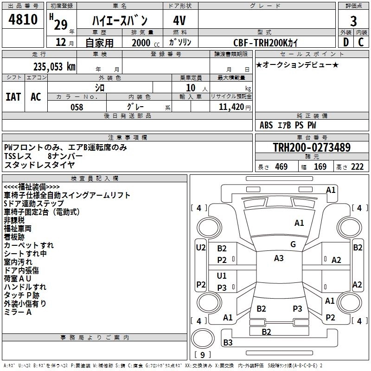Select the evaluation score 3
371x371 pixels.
(353, 21)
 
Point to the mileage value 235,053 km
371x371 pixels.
(54, 67)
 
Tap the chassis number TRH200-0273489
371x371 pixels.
(311, 147)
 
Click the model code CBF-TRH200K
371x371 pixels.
(266, 43)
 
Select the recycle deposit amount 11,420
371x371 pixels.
(231, 107)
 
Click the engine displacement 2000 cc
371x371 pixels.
(141, 43)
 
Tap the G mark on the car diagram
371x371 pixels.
(293, 244)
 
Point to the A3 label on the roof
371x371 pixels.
(279, 258)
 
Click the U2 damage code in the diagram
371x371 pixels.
(201, 248)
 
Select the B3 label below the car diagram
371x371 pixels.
(228, 343)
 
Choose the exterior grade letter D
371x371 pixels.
(345, 43)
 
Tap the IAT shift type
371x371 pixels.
(13, 97)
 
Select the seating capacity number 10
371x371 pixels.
(191, 87)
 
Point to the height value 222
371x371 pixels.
(357, 167)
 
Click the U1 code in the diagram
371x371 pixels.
(222, 276)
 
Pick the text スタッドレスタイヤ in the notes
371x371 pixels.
(39, 164)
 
